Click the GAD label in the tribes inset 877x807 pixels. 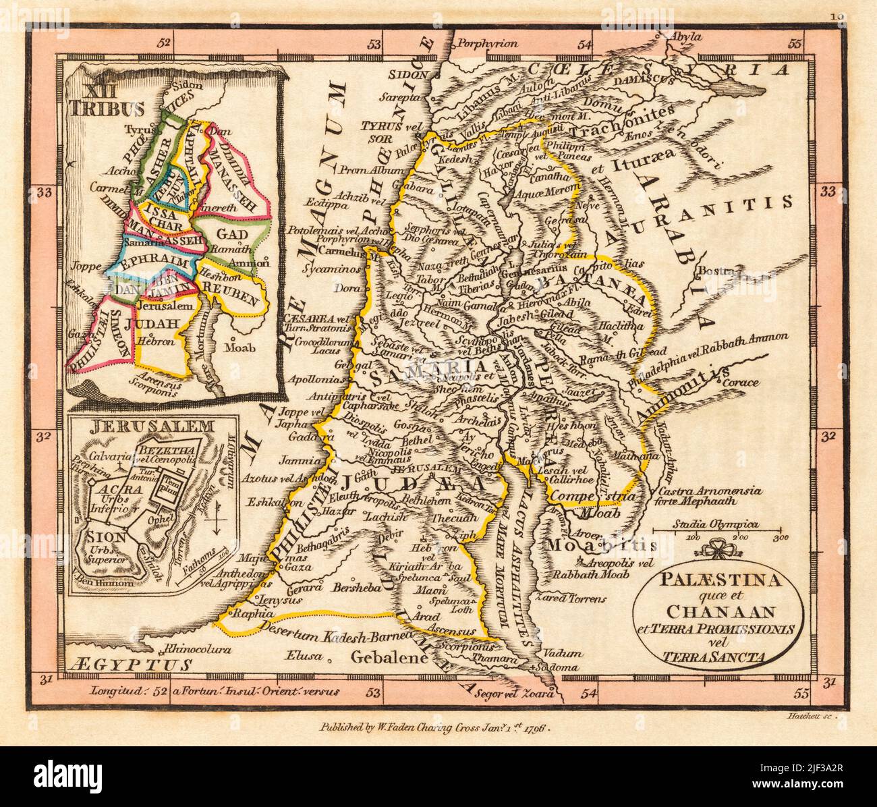click(232, 234)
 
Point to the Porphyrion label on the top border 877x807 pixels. click(480, 46)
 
